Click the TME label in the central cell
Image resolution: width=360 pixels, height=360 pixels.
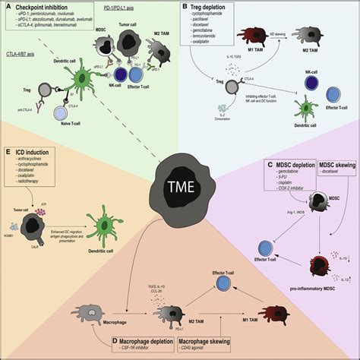(180, 188)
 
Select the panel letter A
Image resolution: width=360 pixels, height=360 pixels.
(8, 7)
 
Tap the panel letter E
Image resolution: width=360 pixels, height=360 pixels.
(8, 152)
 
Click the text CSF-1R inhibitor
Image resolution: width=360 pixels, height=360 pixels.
(134, 350)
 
